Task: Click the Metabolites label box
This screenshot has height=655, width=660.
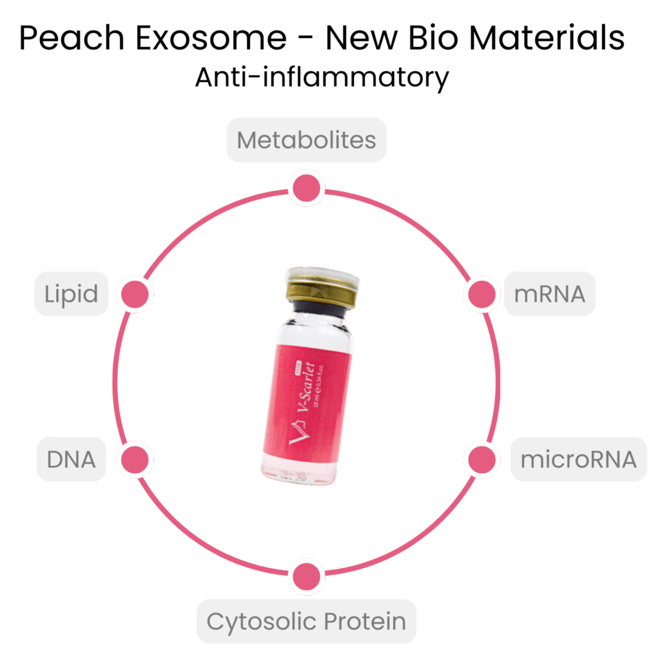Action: point(306,140)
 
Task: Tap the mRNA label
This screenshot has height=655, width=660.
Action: point(549,294)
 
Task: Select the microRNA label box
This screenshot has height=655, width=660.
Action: point(578,460)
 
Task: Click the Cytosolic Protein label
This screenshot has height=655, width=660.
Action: point(306,621)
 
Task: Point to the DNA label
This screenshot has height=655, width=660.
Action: point(71,459)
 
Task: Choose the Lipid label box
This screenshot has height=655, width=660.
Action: point(71,294)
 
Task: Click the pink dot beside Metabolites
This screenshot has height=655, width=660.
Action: point(305,188)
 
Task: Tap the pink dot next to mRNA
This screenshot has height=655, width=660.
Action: point(481,294)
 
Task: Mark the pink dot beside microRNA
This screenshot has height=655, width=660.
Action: point(481,460)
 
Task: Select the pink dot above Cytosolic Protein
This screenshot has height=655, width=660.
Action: point(306,576)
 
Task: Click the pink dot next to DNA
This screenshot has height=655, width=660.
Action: point(135,460)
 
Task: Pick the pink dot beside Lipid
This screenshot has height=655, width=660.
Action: point(135,294)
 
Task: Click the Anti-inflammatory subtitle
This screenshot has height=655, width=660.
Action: point(322,78)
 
